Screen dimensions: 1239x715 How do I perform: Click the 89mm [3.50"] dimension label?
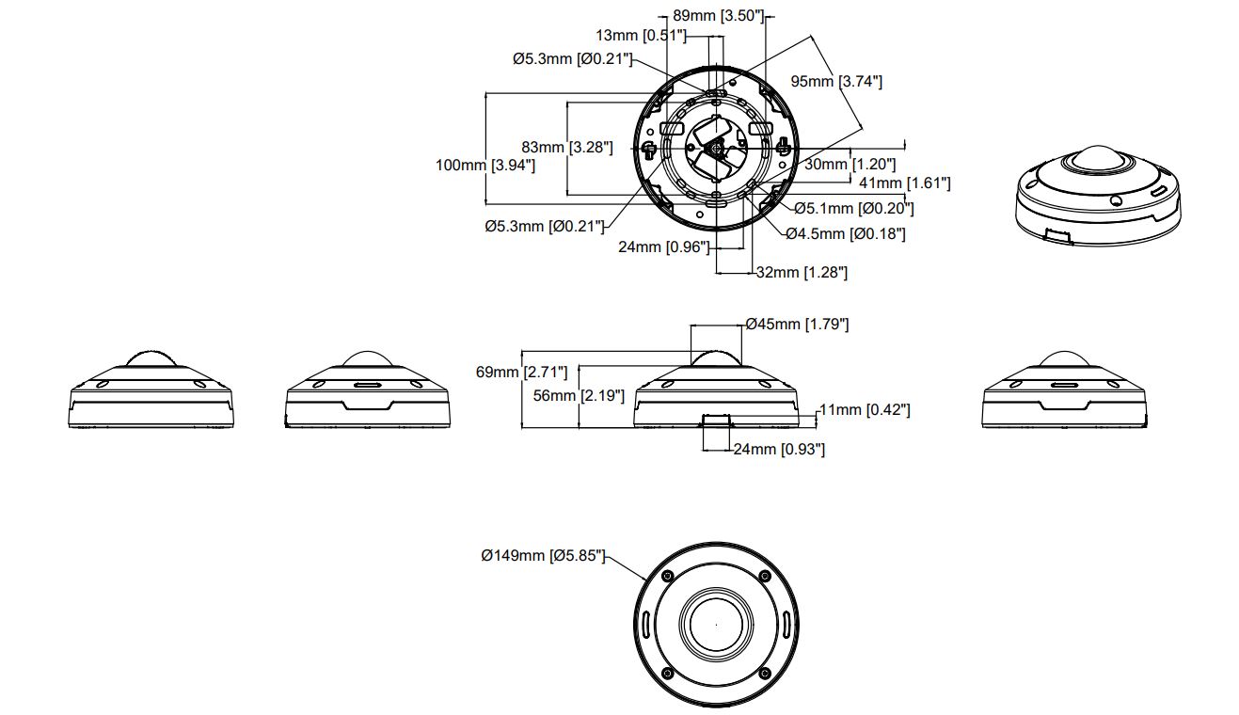[718, 15]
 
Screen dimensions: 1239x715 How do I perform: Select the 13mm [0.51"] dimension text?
[641, 36]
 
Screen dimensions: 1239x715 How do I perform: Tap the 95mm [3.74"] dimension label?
[836, 81]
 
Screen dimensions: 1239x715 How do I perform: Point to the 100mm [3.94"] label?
[485, 165]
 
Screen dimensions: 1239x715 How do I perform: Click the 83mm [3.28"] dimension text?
[567, 147]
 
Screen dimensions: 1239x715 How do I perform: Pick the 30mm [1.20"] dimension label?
[850, 165]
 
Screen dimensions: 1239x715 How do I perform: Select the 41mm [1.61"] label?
[905, 183]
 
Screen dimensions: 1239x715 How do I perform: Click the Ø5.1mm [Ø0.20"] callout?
[854, 209]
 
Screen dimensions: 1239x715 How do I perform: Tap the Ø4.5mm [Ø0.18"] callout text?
[846, 234]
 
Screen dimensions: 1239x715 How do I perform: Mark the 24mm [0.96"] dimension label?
[664, 246]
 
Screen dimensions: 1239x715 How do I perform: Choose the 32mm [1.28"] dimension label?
[802, 272]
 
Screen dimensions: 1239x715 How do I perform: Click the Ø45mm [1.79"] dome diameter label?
[797, 324]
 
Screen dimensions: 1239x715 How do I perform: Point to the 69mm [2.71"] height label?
[521, 372]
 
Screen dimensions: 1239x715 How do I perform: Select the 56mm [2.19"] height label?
[579, 395]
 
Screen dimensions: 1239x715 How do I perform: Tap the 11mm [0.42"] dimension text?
[865, 410]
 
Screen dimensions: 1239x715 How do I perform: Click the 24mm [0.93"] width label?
[779, 449]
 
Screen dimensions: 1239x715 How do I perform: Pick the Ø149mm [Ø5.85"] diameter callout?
[543, 555]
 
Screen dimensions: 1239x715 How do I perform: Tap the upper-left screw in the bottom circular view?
[667, 576]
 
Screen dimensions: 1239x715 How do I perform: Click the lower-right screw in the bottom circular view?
[765, 673]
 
